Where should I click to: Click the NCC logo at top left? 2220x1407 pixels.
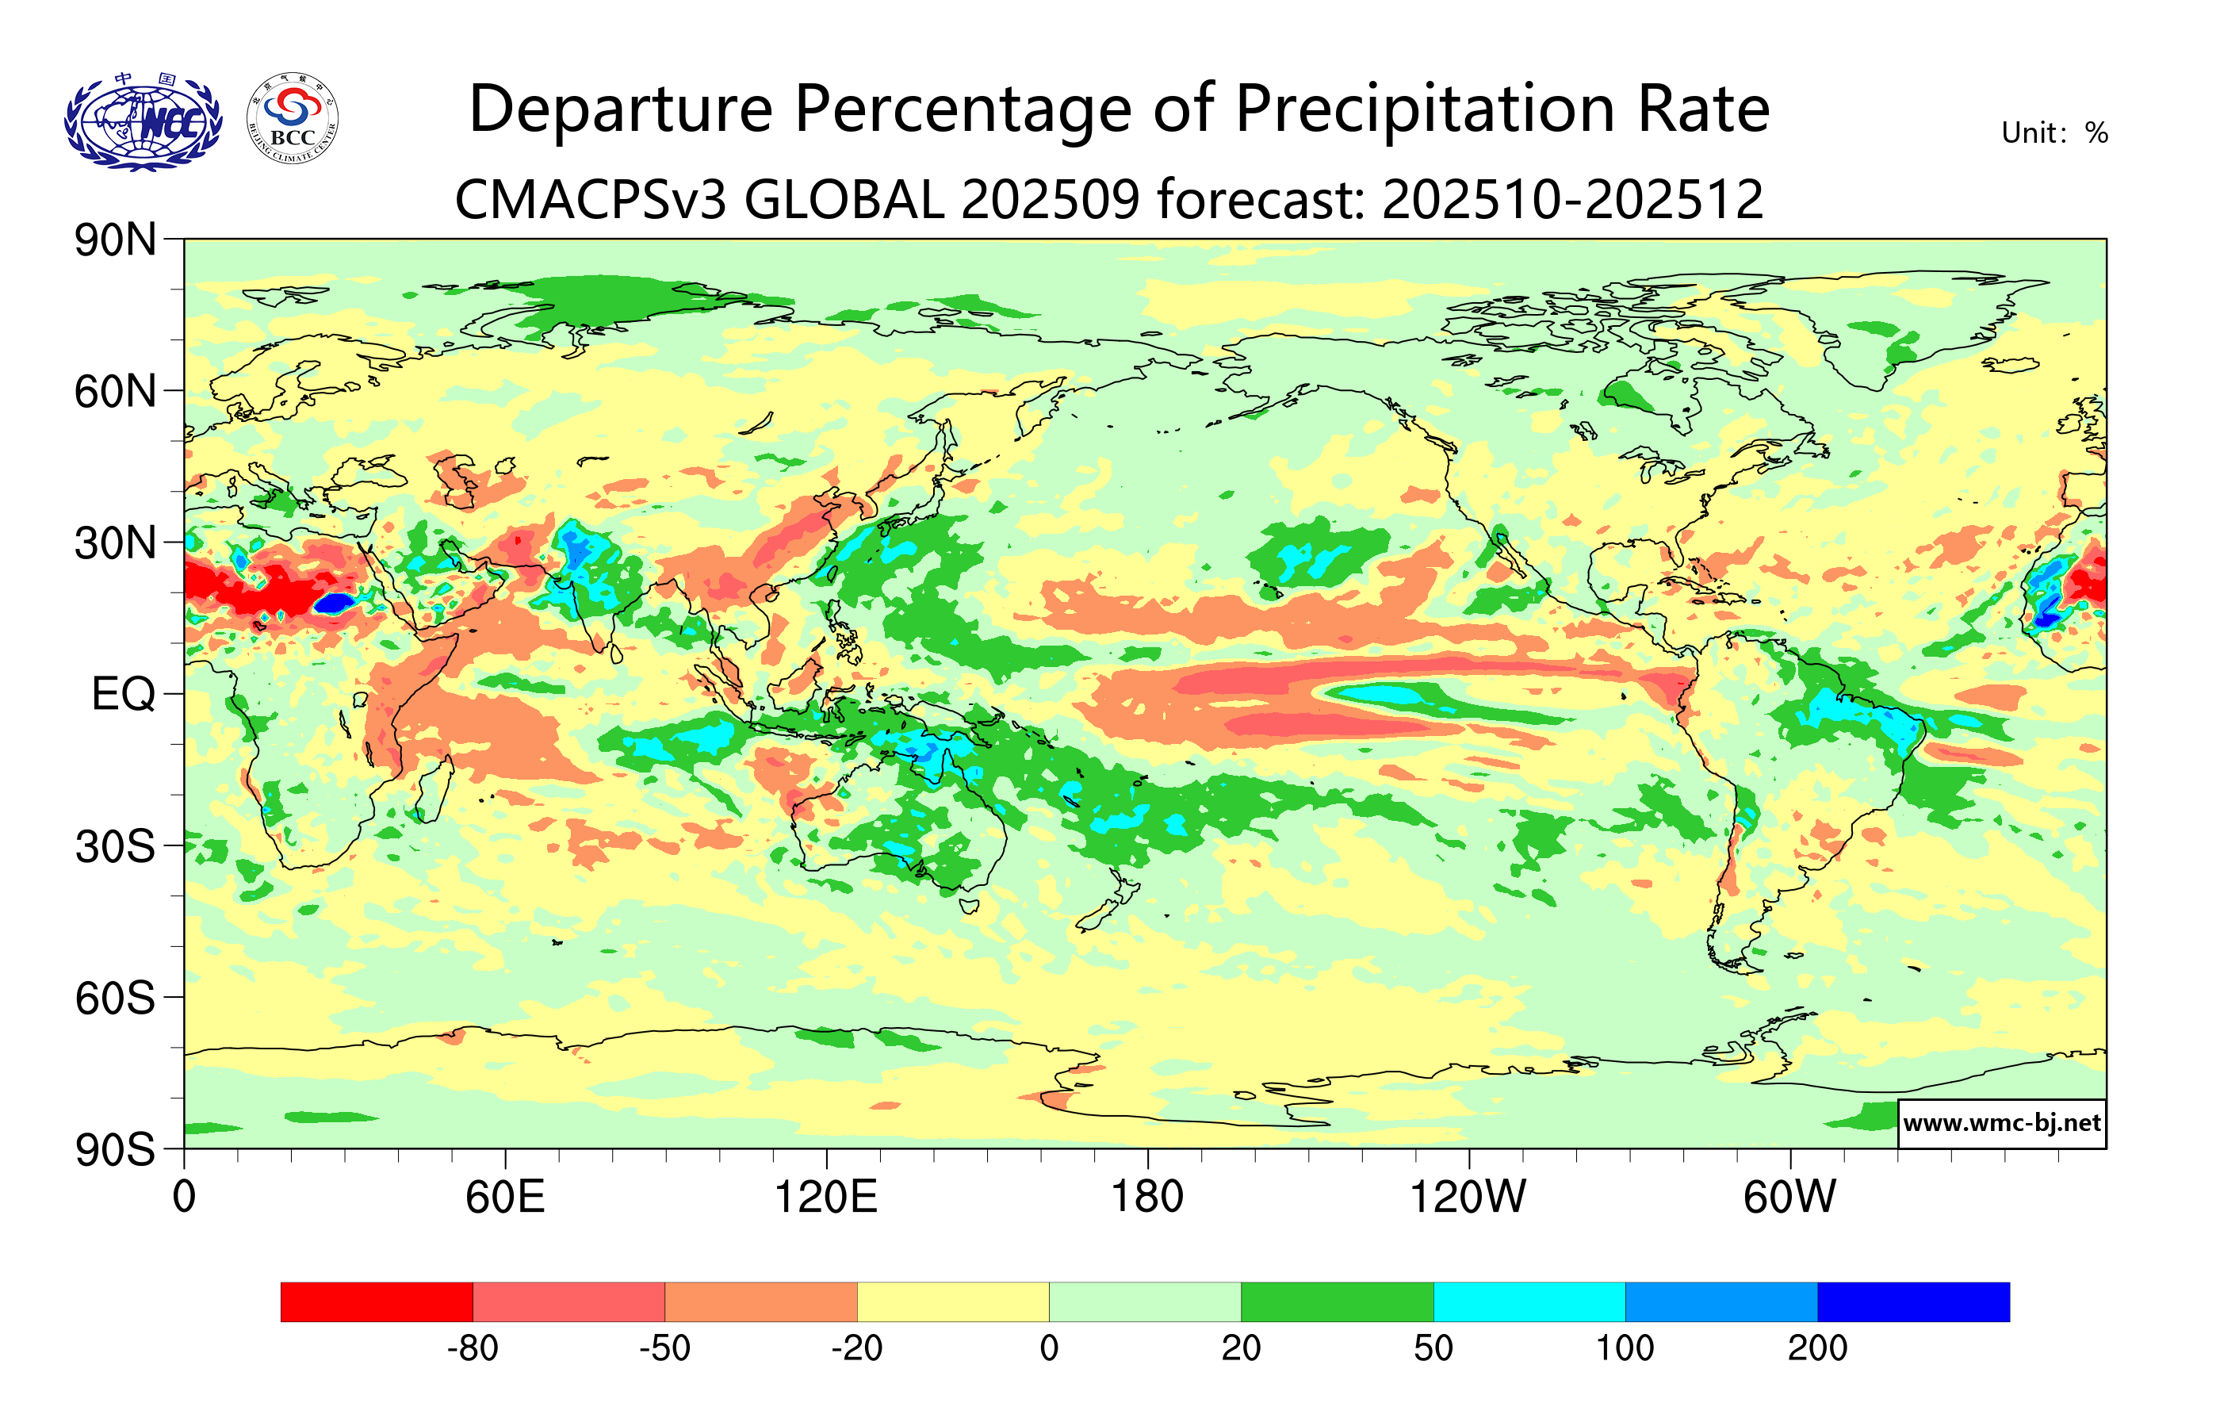point(143,121)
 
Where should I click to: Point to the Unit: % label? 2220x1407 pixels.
point(2054,134)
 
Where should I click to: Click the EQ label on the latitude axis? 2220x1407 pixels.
point(123,694)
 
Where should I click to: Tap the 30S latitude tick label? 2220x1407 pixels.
point(115,846)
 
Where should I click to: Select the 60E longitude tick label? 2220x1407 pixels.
point(504,1198)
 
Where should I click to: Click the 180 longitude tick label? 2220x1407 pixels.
point(1147,1198)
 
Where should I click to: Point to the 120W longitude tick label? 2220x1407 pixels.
point(1468,1198)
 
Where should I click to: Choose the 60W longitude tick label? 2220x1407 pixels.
point(1789,1198)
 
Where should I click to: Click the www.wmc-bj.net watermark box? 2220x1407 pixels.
point(2001,1123)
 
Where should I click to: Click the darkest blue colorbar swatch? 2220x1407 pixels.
point(1913,1302)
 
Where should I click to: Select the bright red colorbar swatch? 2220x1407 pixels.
point(376,1302)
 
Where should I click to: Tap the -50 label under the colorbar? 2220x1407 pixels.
point(664,1349)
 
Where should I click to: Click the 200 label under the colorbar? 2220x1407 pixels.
point(1817,1349)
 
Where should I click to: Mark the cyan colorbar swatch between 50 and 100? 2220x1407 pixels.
point(1529,1302)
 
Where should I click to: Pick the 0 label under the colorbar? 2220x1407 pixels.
point(1049,1349)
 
